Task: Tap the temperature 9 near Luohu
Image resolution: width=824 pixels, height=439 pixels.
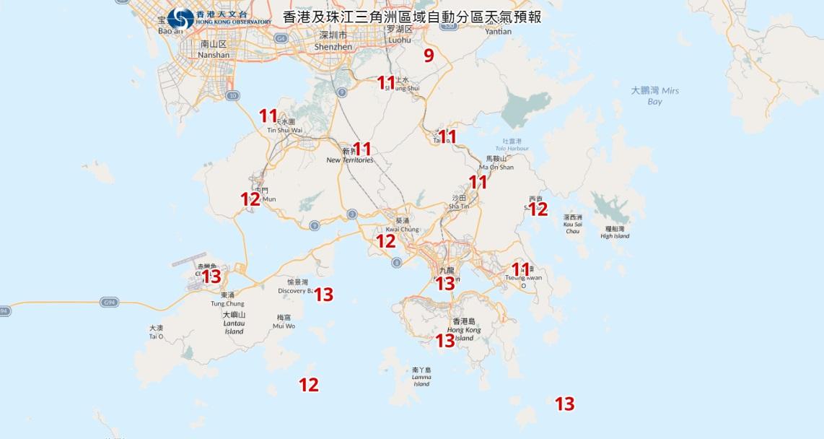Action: pos(429,56)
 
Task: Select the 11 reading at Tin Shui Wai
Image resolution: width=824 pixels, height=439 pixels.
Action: pos(268,115)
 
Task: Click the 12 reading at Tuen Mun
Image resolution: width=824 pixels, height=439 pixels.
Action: pos(250,199)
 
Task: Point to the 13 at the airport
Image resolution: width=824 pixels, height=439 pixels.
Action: pos(211,276)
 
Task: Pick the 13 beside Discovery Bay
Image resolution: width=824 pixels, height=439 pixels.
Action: pos(323,294)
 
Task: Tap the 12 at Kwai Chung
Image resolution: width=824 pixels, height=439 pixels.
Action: pos(386,241)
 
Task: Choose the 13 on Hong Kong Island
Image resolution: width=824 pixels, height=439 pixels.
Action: pos(445,339)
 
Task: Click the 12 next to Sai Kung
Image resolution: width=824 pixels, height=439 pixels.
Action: pos(538,209)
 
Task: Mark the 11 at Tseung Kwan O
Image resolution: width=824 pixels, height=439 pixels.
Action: pos(520,269)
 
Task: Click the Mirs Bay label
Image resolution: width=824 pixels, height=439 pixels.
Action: pos(654,96)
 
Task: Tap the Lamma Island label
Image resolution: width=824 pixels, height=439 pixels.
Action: pos(421,377)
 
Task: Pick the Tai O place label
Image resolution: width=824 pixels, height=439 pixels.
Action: pos(156,332)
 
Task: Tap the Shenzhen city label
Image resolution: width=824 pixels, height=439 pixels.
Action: pos(333,41)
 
